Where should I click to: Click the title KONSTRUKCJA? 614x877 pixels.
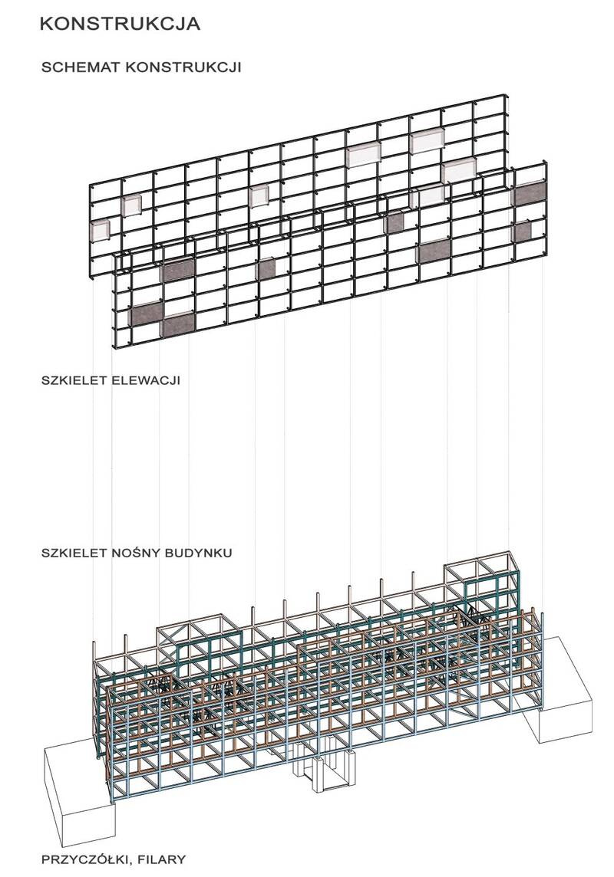[x=120, y=24]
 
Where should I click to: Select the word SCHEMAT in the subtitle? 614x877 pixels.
[x=81, y=67]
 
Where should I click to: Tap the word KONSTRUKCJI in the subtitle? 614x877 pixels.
[x=183, y=67]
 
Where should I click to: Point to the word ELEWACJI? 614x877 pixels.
[x=146, y=380]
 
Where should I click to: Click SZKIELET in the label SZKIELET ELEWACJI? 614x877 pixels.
[x=75, y=380]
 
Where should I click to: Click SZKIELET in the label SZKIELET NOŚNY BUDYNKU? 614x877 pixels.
[x=75, y=553]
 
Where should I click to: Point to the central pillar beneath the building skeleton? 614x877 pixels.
[x=324, y=764]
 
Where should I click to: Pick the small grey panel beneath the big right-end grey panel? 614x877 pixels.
[x=522, y=233]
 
